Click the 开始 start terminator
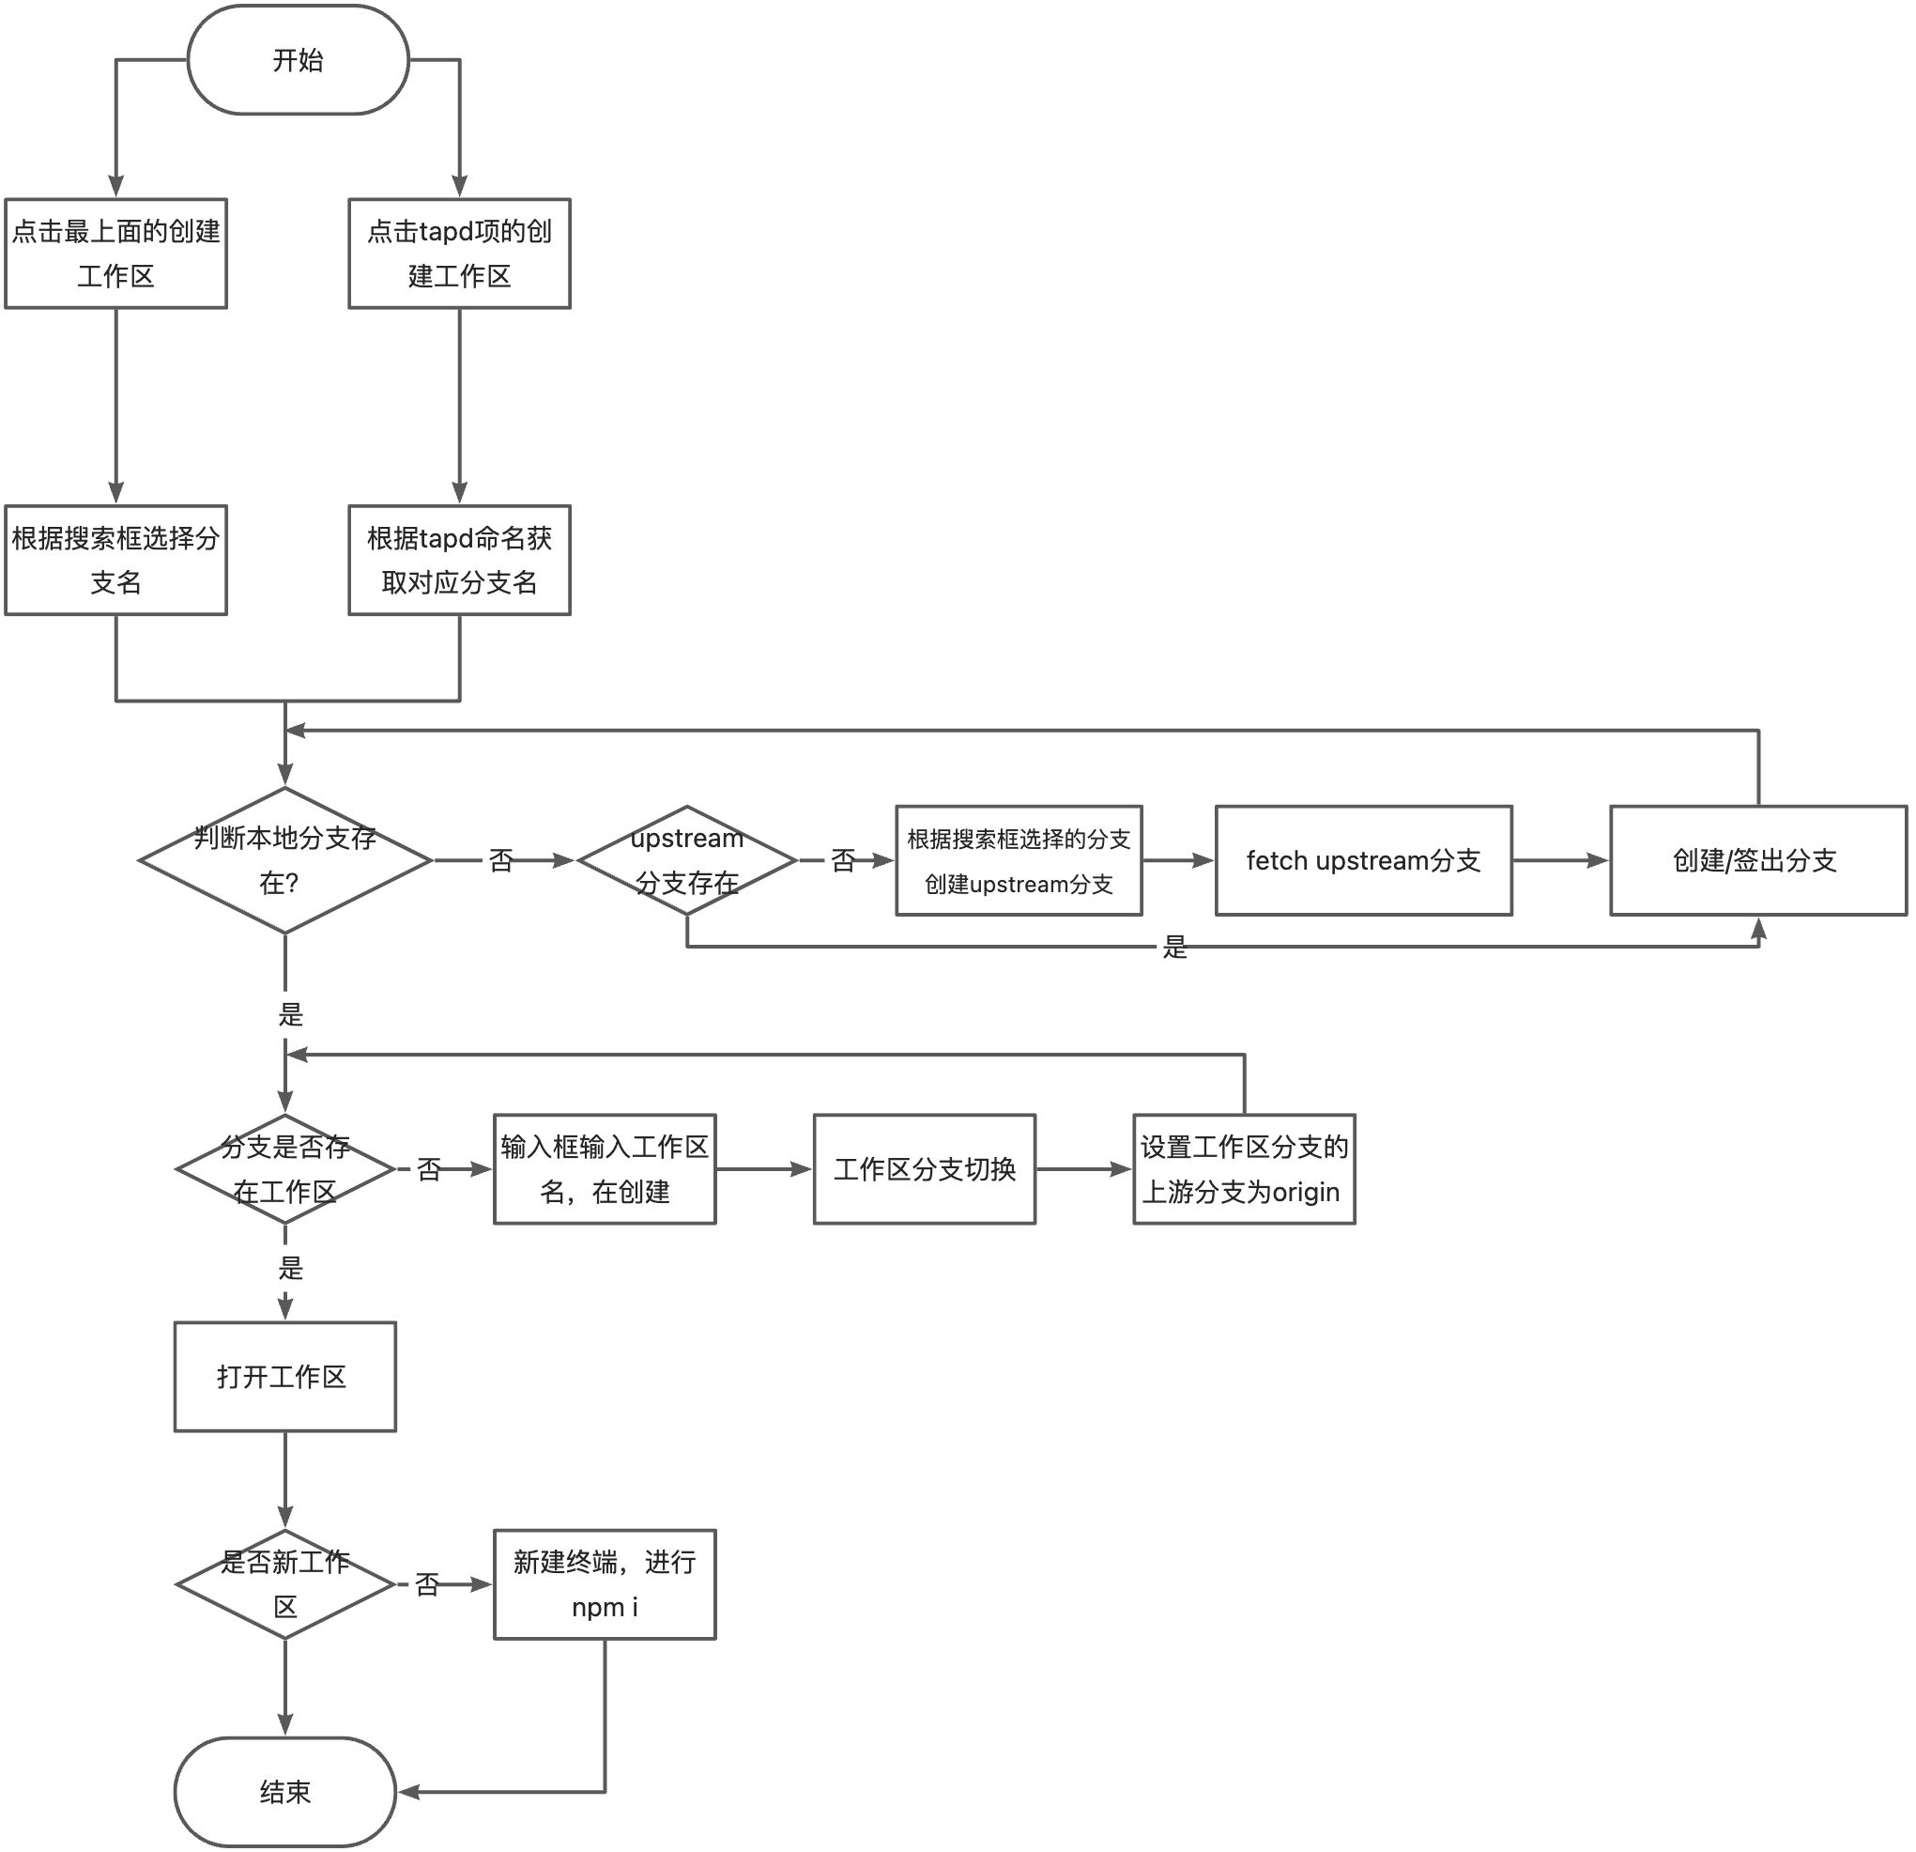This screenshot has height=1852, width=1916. [x=298, y=60]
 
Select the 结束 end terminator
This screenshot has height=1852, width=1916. [x=284, y=1791]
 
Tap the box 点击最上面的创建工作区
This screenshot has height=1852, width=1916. [x=115, y=254]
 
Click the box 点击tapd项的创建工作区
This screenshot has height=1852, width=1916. [x=459, y=254]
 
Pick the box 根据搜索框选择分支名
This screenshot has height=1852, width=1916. [x=115, y=560]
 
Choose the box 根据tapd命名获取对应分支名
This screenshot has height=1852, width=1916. [x=459, y=560]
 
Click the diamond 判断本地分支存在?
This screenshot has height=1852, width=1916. [x=284, y=860]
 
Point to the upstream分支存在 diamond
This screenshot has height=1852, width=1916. [x=687, y=860]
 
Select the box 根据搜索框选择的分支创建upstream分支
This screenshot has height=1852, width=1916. [x=1019, y=860]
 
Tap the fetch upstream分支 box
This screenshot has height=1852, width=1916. [x=1364, y=860]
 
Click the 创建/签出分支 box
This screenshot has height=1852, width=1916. [x=1757, y=860]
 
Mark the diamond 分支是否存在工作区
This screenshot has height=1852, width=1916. [x=284, y=1168]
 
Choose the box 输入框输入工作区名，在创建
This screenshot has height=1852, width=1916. [x=605, y=1168]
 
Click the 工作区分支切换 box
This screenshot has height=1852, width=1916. [x=924, y=1168]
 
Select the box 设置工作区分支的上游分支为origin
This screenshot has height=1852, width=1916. [x=1244, y=1168]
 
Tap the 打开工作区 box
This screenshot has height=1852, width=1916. [x=284, y=1377]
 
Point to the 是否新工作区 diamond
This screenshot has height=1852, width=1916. [x=284, y=1584]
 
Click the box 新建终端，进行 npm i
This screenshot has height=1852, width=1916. [x=605, y=1584]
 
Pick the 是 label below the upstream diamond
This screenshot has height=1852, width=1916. [x=1175, y=947]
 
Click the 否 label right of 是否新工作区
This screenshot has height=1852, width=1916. [x=427, y=1584]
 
